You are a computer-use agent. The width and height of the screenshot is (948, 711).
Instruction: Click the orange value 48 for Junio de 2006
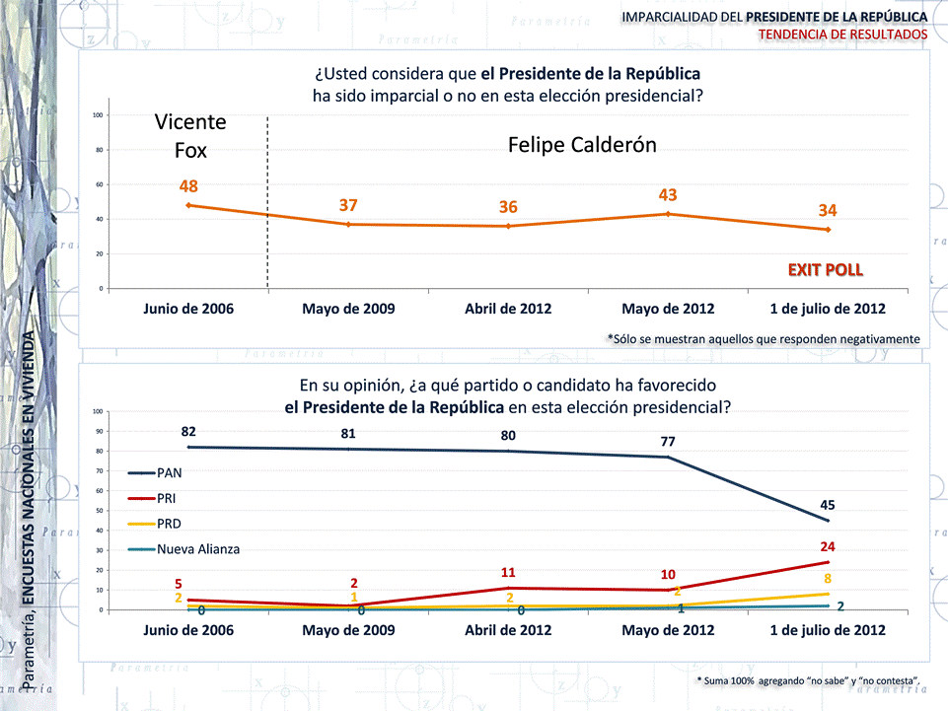(189, 186)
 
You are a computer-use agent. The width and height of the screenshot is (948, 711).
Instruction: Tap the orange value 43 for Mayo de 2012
(668, 195)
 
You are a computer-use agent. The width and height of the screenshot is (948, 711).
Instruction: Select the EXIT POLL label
(825, 268)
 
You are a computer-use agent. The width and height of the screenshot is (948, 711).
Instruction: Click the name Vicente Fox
(190, 136)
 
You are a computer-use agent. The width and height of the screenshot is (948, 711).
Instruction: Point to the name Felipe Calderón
(582, 145)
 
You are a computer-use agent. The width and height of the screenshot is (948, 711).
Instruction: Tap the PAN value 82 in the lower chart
(188, 432)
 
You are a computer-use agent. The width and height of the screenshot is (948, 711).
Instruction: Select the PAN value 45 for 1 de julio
(828, 505)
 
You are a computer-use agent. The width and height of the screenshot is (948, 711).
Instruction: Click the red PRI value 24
(828, 545)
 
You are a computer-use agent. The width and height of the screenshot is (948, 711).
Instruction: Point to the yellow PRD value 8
(828, 579)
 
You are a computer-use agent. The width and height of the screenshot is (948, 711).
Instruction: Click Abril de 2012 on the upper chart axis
(508, 309)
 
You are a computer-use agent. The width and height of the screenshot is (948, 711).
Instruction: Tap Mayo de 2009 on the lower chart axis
(348, 630)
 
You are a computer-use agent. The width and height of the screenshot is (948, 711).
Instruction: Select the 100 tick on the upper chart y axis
(99, 115)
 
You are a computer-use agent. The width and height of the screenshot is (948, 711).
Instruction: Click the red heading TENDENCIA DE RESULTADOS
(842, 35)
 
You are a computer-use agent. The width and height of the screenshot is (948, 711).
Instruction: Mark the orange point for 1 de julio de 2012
(828, 230)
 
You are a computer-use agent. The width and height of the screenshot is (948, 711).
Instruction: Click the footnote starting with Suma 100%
(809, 680)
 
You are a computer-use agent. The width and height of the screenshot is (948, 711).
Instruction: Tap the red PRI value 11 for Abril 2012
(508, 572)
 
